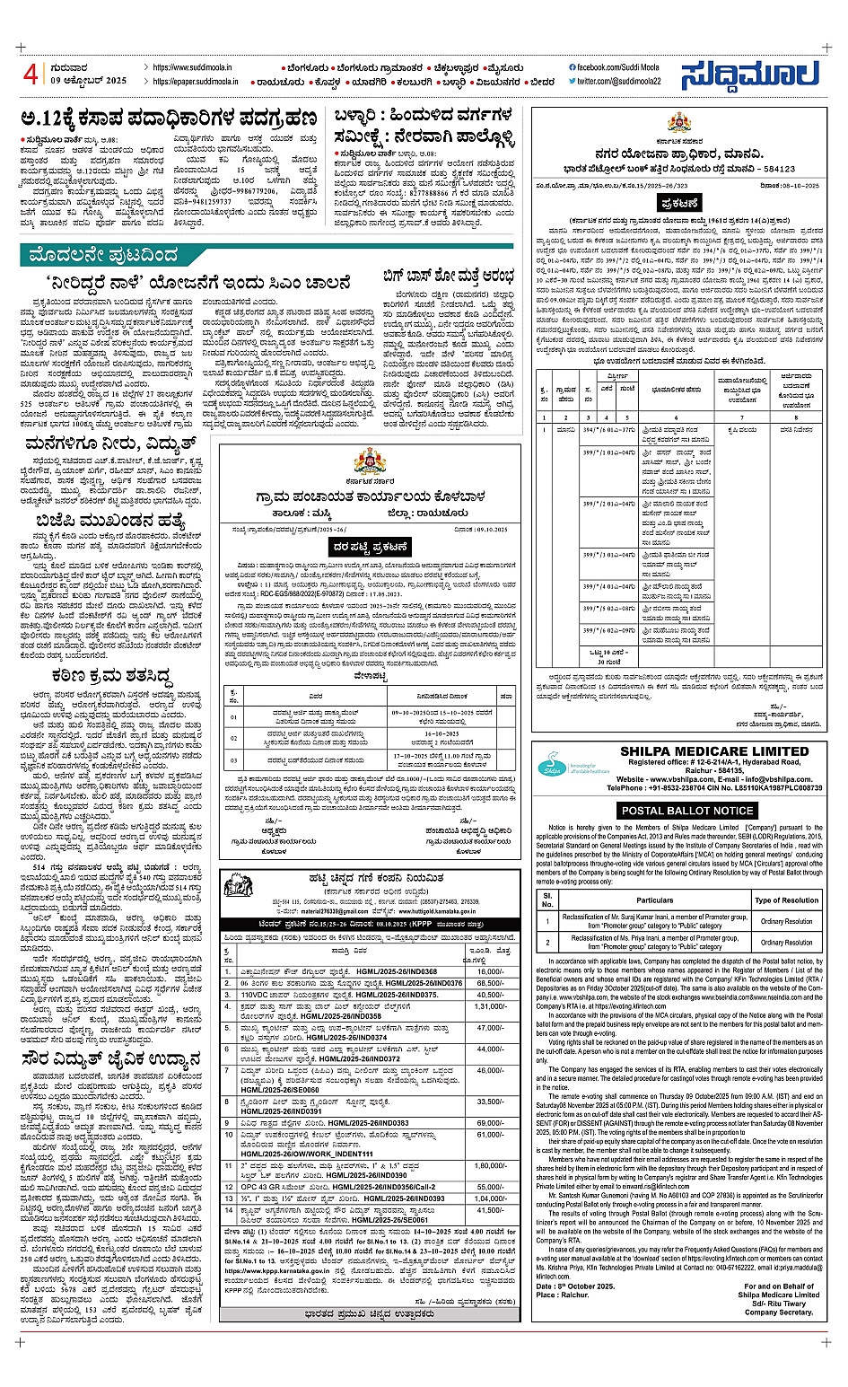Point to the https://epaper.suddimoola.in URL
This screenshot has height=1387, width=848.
(x=195, y=81)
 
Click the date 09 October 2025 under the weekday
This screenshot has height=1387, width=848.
(x=89, y=81)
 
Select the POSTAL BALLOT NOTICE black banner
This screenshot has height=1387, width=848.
(x=688, y=810)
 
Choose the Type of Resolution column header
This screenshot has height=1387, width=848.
(x=786, y=900)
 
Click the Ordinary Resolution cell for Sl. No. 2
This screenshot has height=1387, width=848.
(x=786, y=943)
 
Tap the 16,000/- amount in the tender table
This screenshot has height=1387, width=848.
(x=490, y=971)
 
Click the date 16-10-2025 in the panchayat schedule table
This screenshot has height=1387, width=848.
(x=441, y=733)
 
